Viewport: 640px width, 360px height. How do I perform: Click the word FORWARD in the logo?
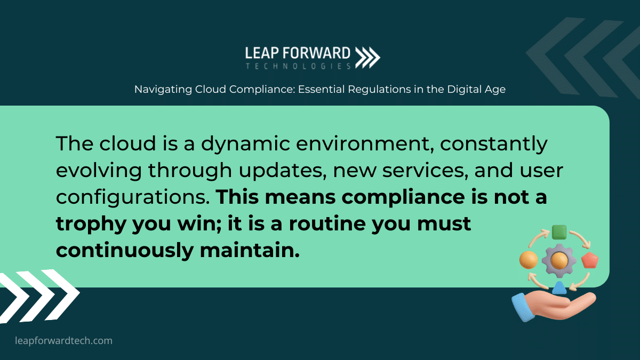click(317, 53)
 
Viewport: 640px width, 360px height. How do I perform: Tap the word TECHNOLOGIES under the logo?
click(298, 66)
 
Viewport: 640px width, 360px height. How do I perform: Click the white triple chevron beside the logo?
click(367, 58)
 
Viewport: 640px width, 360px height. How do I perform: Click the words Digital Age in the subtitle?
click(476, 90)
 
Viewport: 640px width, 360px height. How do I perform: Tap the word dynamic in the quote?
click(246, 143)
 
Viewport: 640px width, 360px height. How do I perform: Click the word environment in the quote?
click(363, 143)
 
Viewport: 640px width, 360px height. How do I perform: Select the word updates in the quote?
click(283, 171)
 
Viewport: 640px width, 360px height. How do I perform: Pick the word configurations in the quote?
click(133, 198)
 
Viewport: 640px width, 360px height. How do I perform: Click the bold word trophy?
click(91, 225)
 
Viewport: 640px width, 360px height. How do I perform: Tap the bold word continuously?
click(125, 251)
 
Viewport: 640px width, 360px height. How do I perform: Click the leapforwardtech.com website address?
click(63, 341)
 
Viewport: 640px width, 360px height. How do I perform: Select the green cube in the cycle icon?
click(559, 233)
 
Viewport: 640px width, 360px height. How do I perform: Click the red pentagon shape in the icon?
click(590, 260)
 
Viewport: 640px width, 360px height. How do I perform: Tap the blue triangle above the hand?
click(559, 287)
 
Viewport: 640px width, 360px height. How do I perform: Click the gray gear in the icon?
click(559, 261)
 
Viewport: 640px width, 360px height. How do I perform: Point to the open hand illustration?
click(553, 306)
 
